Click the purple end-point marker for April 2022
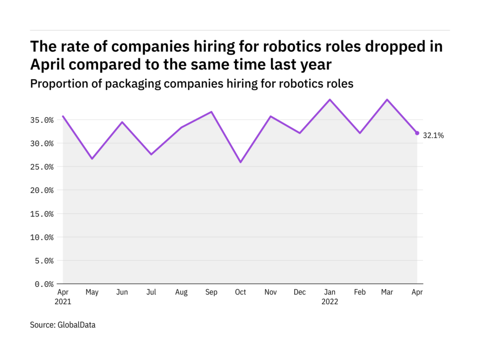pos(417,133)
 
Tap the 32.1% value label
pos(433,135)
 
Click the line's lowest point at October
pos(240,162)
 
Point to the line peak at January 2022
pos(330,99)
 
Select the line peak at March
pos(387,99)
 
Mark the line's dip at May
pos(92,158)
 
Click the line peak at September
pos(211,112)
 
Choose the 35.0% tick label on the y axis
pos(42,120)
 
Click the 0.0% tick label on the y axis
pos(44,284)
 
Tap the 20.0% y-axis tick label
pos(42,190)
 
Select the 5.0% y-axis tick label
pos(44,261)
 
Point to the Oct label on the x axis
pos(240,292)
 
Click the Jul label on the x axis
pos(151,292)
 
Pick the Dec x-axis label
pos(300,292)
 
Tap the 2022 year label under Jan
pos(330,301)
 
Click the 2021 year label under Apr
pos(63,301)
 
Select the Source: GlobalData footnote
pos(63,325)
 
